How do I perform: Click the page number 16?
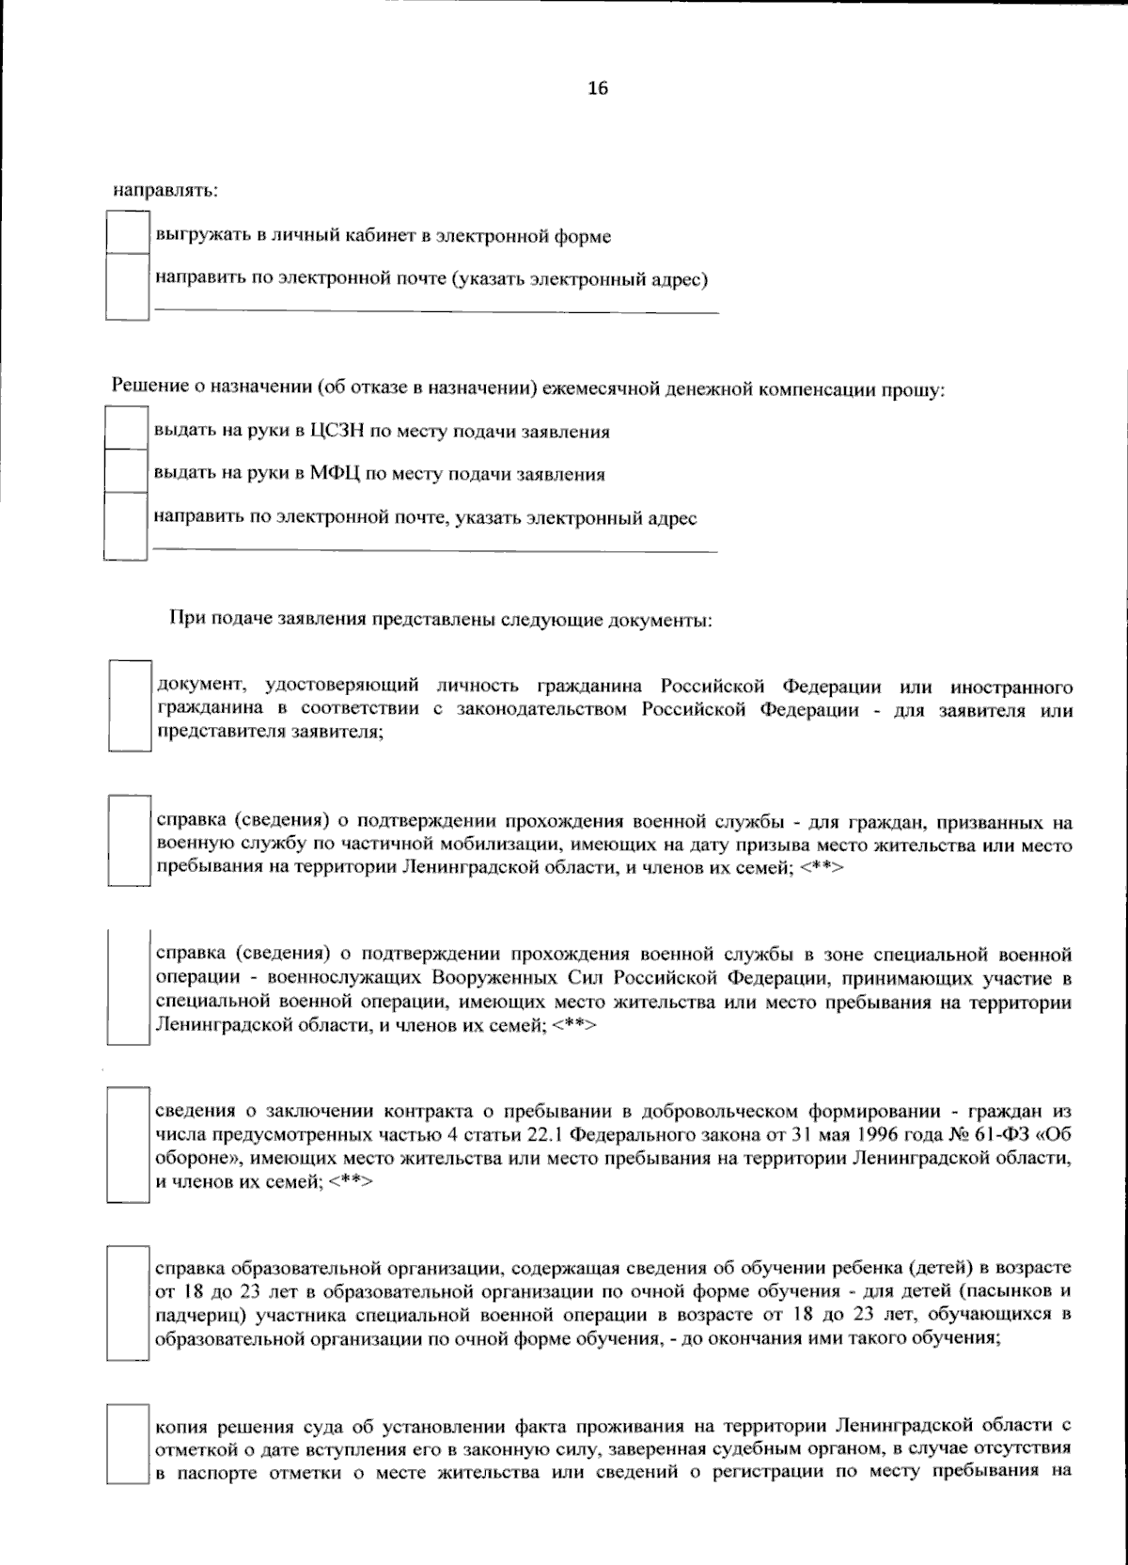click(x=598, y=88)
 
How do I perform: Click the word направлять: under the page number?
click(x=165, y=190)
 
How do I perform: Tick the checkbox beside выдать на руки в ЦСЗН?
click(x=126, y=430)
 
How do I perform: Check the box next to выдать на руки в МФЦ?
click(x=126, y=472)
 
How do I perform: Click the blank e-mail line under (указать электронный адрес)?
click(x=436, y=308)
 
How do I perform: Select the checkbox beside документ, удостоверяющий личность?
click(x=130, y=705)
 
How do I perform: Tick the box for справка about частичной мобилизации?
click(x=130, y=841)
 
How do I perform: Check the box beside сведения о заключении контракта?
click(x=130, y=1144)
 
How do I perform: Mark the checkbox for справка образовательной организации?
click(x=130, y=1304)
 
